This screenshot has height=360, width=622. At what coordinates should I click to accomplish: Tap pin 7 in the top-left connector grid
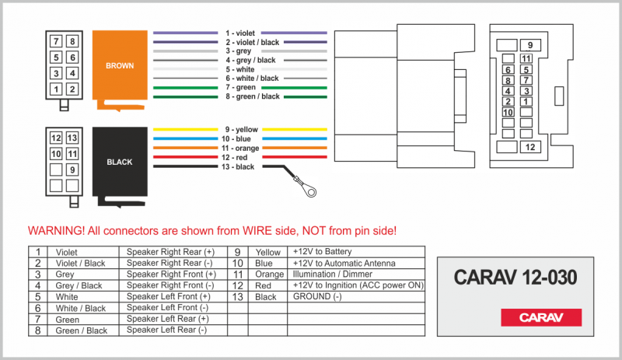(56, 41)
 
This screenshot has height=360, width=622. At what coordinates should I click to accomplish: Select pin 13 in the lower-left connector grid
(72, 138)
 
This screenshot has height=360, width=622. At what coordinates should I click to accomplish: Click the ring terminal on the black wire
(309, 191)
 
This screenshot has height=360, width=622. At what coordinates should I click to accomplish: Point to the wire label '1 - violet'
(240, 33)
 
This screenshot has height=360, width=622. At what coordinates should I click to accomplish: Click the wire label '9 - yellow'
(242, 129)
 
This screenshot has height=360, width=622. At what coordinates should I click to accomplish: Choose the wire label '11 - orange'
(240, 148)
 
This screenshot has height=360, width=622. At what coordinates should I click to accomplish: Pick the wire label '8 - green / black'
(253, 96)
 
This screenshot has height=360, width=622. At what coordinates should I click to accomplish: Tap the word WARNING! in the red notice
(56, 231)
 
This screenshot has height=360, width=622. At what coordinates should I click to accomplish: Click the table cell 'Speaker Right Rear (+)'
(170, 252)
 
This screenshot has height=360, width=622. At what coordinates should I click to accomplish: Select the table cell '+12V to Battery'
(322, 252)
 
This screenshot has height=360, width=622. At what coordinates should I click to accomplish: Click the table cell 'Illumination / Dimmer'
(333, 274)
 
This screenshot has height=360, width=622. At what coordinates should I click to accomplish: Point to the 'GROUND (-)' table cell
(317, 296)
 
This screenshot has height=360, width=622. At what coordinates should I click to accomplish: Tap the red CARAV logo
(541, 317)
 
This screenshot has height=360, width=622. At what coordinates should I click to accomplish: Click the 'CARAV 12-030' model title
(515, 277)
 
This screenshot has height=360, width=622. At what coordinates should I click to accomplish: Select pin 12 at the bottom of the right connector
(530, 147)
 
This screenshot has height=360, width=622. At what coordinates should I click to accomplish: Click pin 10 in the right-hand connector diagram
(508, 112)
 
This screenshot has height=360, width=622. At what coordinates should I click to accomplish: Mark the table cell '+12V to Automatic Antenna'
(344, 263)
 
